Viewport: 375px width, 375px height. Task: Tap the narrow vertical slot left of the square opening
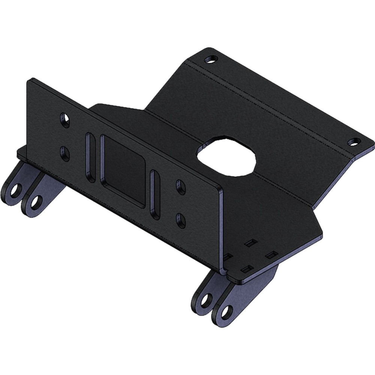pos(90,157)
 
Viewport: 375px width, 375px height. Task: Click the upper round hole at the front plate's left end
pos(65,120)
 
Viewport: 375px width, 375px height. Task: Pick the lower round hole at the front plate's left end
pos(64,154)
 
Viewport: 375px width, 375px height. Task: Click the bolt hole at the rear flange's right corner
pos(353,142)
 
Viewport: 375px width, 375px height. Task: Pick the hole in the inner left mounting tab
pos(35,202)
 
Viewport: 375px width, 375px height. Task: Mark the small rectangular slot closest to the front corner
pos(246,269)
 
